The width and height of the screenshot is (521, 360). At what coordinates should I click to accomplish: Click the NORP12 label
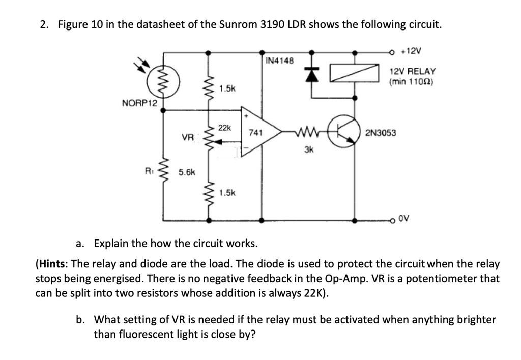(139, 104)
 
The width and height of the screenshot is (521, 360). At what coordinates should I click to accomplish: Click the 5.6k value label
(186, 172)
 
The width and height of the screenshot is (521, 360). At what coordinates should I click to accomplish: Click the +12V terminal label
(412, 51)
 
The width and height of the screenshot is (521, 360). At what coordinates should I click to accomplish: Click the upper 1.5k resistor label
(227, 88)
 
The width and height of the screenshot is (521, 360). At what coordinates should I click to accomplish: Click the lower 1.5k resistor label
(227, 193)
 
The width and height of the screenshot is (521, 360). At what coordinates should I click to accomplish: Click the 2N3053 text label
(381, 133)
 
